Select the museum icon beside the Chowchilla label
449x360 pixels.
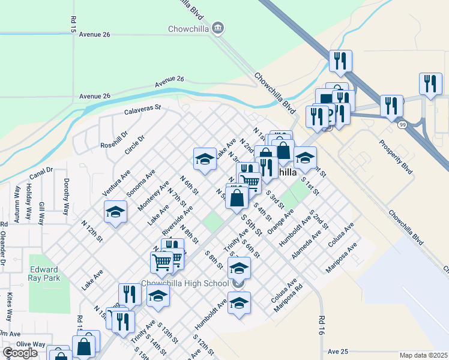point(218,27)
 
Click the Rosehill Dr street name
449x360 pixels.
point(115,140)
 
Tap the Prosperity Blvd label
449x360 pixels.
point(397,157)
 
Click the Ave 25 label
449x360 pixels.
point(339,351)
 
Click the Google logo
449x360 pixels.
point(20,352)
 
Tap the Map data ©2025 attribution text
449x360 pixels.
point(423,355)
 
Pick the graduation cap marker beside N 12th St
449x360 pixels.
point(115,211)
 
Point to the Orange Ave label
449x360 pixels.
point(280,221)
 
